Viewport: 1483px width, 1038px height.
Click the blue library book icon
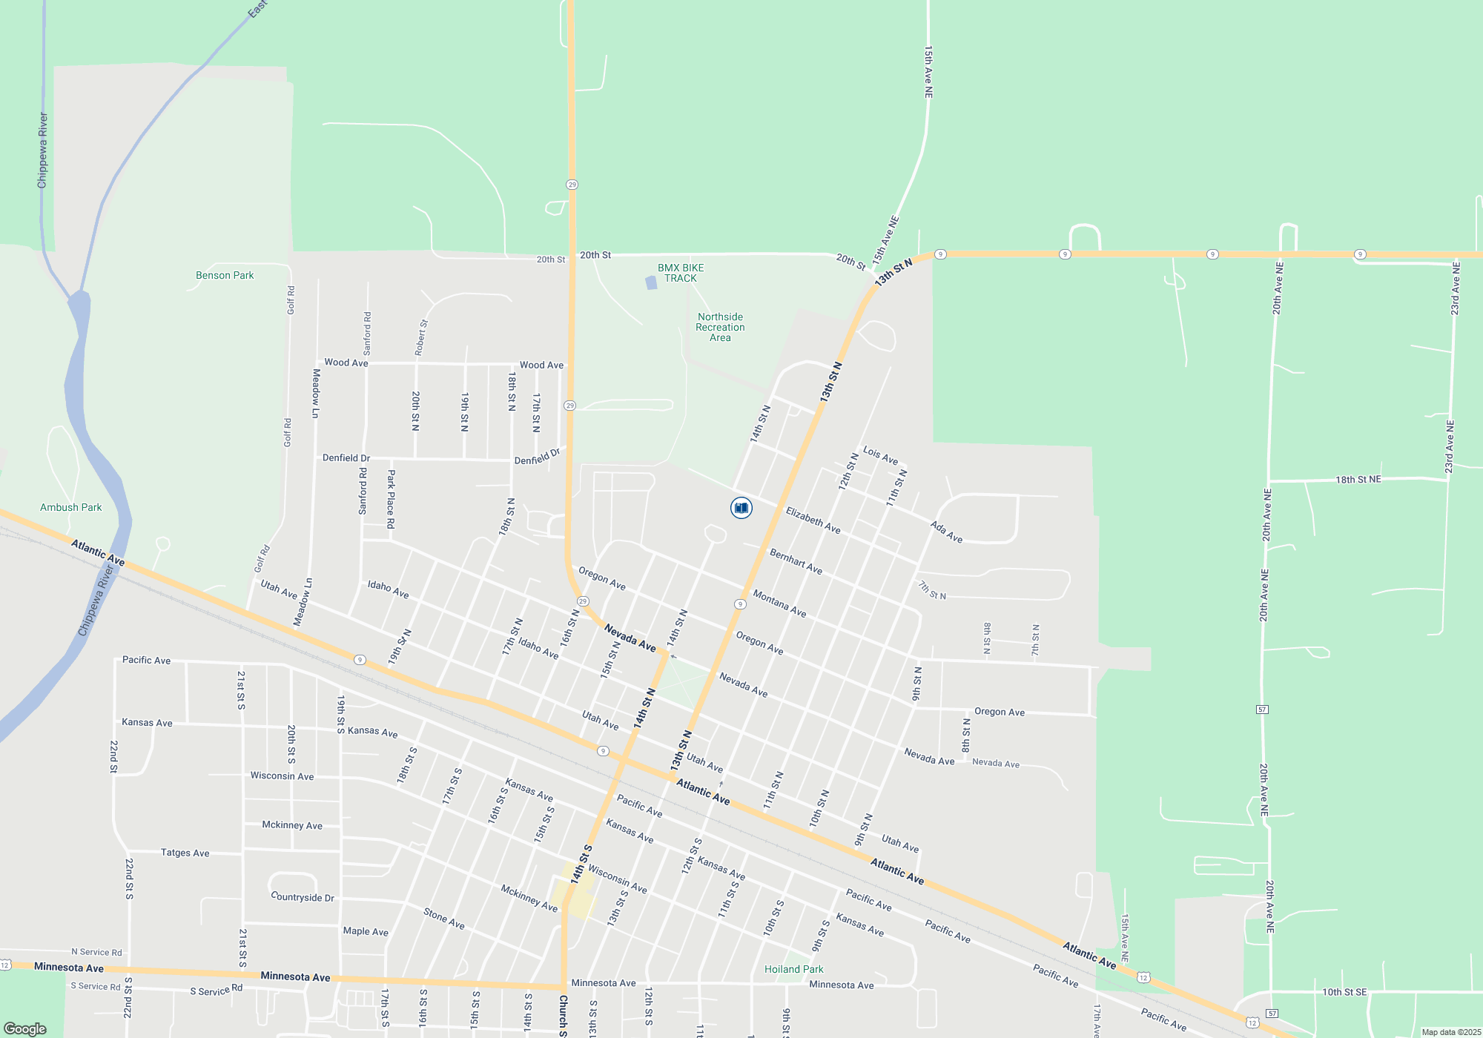click(x=741, y=508)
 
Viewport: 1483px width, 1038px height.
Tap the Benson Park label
click(x=225, y=275)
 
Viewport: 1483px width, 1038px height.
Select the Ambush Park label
click(x=71, y=507)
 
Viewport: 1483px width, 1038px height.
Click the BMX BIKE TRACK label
click(x=681, y=273)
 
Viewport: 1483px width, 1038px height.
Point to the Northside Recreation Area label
click(x=720, y=327)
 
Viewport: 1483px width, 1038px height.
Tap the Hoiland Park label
click(x=793, y=969)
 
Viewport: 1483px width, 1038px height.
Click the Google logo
click(x=25, y=1029)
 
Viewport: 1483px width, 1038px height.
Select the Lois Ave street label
click(x=880, y=455)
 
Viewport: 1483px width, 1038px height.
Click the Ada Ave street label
click(x=946, y=532)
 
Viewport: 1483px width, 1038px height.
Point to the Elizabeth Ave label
click(x=813, y=520)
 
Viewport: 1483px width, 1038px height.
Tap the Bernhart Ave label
click(x=796, y=561)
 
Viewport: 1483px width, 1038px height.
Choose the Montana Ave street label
click(x=779, y=604)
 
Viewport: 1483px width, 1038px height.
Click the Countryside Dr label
click(x=303, y=897)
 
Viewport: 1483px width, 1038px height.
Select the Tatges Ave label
click(x=185, y=853)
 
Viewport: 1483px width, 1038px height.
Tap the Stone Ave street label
click(x=444, y=919)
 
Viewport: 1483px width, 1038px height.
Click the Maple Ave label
click(x=366, y=931)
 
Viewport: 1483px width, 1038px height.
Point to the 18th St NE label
click(x=1358, y=480)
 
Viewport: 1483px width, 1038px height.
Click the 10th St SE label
click(x=1344, y=992)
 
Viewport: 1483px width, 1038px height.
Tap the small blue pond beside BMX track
click(x=651, y=282)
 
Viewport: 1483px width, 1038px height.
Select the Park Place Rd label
click(x=391, y=498)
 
